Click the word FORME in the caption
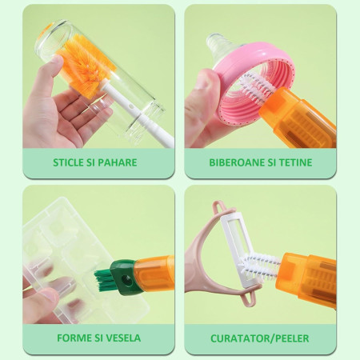74,338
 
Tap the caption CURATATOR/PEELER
261,338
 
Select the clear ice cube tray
60,248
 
